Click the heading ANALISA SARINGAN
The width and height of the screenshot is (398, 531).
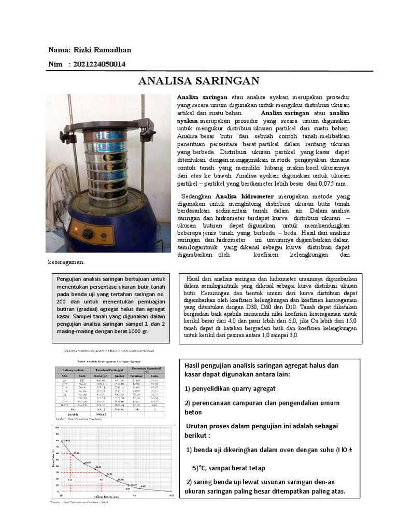[200, 81]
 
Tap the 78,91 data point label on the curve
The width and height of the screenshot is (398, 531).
[67, 440]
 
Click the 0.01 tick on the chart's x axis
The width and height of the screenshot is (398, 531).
[172, 496]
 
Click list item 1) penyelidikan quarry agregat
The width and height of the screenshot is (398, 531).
[231, 389]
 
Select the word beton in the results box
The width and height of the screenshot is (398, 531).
[193, 413]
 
